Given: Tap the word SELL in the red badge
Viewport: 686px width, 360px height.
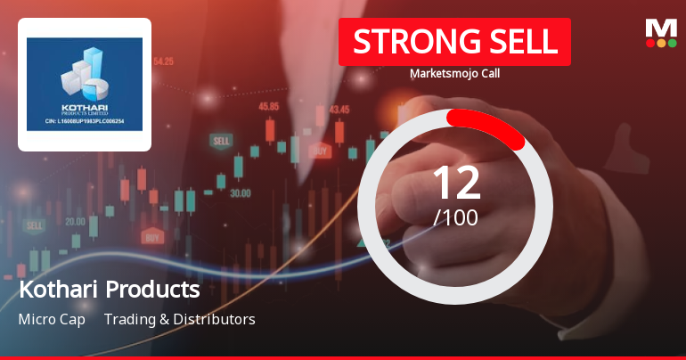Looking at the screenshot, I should (x=522, y=42).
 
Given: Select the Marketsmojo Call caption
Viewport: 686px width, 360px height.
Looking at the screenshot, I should (x=454, y=74).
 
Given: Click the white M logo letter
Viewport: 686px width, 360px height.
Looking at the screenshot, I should (x=660, y=28).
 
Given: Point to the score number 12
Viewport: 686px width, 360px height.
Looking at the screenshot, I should (x=455, y=183).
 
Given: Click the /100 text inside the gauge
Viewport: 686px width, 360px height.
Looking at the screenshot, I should (x=455, y=217).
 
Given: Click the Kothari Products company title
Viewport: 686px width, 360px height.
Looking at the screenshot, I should (x=109, y=290).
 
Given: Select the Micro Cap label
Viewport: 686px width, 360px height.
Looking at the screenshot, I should (x=52, y=319).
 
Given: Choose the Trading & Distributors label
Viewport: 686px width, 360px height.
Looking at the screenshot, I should (x=179, y=319).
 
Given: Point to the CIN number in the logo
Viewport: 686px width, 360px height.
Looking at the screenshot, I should (x=85, y=120).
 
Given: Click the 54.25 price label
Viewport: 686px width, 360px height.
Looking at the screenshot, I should (x=163, y=61).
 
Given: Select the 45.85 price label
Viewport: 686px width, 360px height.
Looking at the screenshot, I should (x=268, y=106).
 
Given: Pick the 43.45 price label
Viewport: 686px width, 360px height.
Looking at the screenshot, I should (x=339, y=110).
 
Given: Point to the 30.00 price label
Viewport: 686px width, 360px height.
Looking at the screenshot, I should (x=240, y=192).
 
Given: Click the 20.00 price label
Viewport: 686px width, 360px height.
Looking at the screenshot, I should (x=75, y=221).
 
